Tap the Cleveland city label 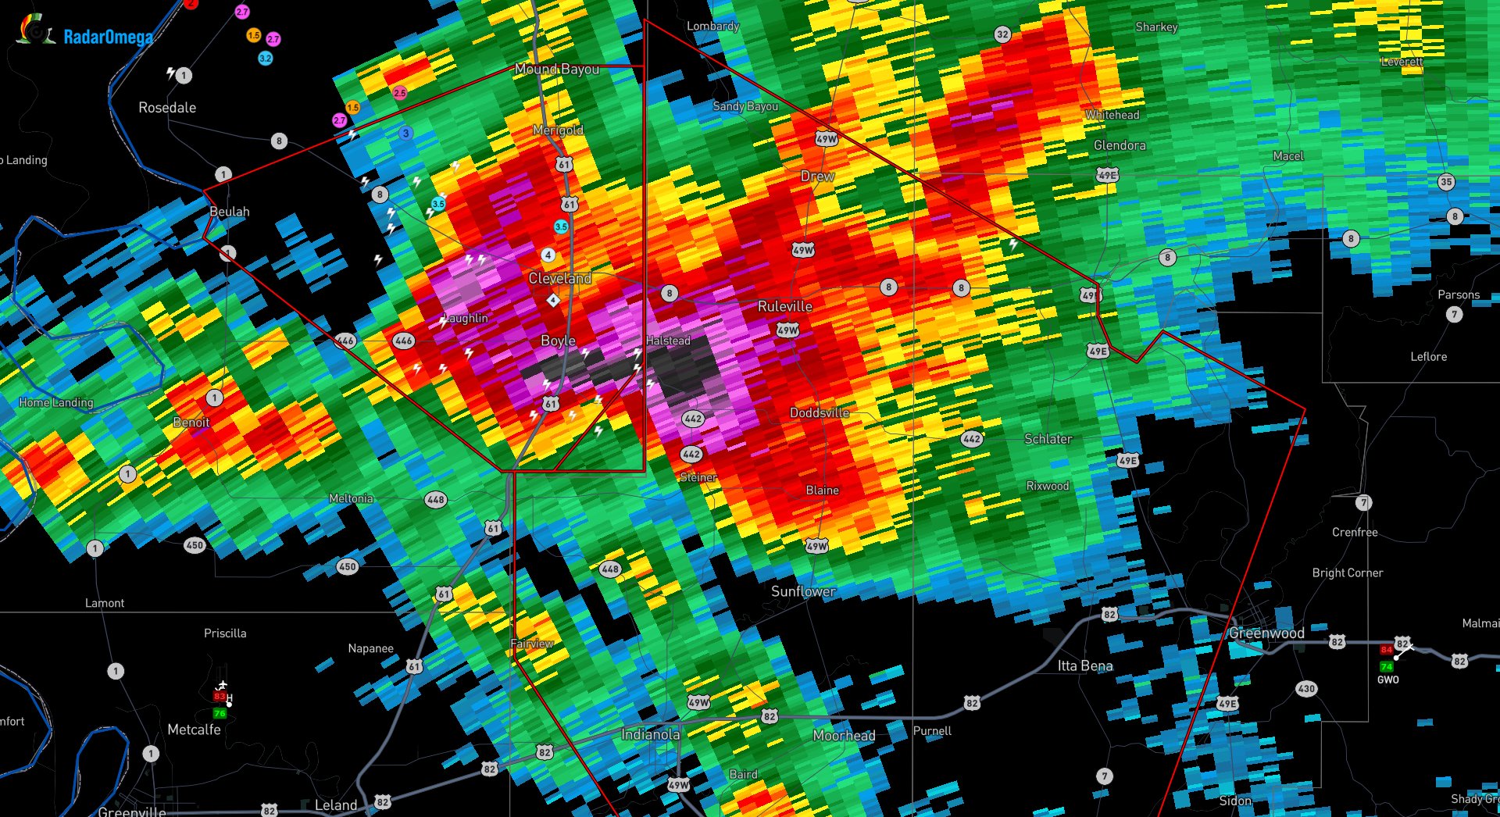pos(559,278)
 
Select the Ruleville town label pos(784,306)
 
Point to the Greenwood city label pos(1266,633)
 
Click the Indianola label pos(650,734)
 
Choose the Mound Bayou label pos(557,69)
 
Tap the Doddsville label pos(819,412)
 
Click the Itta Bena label pos(1084,665)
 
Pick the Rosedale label pos(167,107)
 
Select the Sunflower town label pos(803,591)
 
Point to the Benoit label pos(191,423)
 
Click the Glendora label pos(1120,145)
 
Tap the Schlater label pos(1048,439)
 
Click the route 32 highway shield pos(1002,34)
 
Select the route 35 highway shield pos(1446,182)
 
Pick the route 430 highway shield pos(1306,688)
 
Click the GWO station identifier pos(1387,680)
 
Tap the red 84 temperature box pos(1386,650)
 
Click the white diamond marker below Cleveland pos(553,300)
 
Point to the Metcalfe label pos(194,730)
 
